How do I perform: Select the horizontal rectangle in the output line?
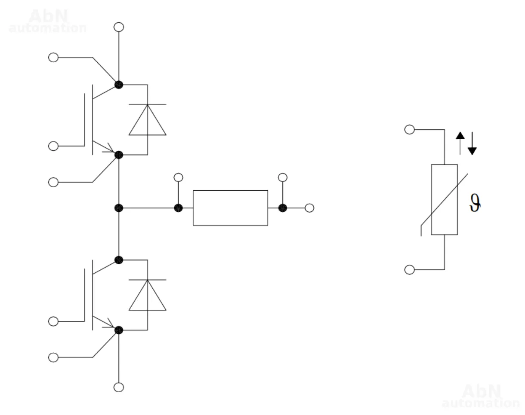point(230,208)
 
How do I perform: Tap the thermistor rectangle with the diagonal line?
point(444,200)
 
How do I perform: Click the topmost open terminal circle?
point(119,27)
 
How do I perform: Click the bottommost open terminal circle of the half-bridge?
point(119,387)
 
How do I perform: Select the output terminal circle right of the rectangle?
point(309,208)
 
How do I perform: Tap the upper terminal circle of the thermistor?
point(410,129)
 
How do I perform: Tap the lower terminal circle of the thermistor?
point(410,270)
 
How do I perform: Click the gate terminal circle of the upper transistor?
point(53,146)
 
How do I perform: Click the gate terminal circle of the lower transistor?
point(53,321)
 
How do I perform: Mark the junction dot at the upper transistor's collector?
point(119,85)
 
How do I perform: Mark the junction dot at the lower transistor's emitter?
point(119,330)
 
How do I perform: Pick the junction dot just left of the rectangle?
point(178,208)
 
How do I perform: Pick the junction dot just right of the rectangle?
point(282,208)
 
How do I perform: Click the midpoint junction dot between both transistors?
point(119,208)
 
